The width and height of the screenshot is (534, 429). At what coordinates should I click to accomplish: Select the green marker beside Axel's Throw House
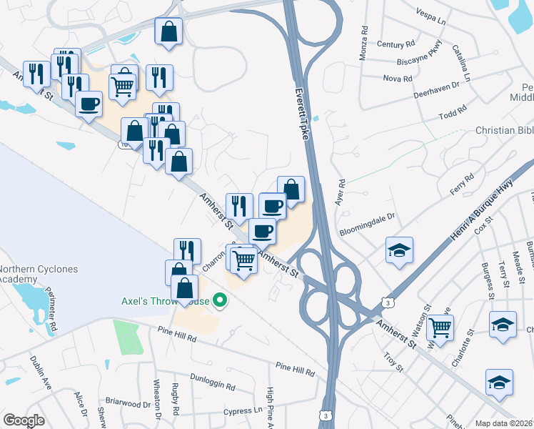(x=221, y=302)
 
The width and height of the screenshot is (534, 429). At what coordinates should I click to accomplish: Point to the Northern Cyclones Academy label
(x=27, y=275)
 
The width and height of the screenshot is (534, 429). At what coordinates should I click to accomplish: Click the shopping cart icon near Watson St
(x=441, y=327)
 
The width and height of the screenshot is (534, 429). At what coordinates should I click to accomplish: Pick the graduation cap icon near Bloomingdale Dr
(x=399, y=250)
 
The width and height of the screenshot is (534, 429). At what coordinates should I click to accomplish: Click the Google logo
(x=24, y=420)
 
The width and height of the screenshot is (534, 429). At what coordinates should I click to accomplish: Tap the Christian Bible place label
(x=504, y=131)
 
